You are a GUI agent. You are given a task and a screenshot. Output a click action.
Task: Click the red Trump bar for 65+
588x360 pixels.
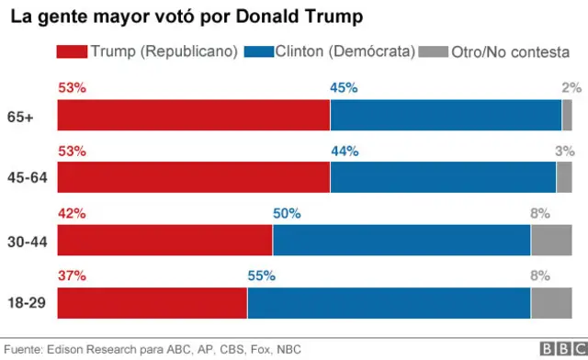[x=193, y=116]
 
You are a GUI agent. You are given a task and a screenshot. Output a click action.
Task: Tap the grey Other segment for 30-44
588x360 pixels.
[x=551, y=241]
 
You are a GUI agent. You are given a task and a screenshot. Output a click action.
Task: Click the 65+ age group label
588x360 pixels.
[x=31, y=117]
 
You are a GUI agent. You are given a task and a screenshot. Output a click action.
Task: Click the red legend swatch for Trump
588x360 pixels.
[x=73, y=52]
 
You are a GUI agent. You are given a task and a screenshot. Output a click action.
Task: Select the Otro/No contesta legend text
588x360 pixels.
[x=510, y=52]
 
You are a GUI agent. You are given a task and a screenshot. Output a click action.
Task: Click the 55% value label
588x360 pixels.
[x=261, y=275]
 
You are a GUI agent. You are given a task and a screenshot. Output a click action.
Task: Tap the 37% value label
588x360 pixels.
[x=72, y=275]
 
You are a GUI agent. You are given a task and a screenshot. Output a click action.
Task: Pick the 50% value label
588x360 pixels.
[x=287, y=213]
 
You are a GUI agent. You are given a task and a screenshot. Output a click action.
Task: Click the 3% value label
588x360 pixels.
[x=564, y=151]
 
